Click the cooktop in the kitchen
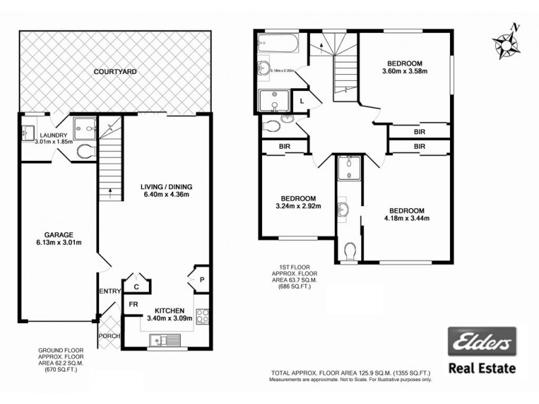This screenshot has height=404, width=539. click(x=202, y=314)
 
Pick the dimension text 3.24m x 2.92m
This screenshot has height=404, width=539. click(x=298, y=206)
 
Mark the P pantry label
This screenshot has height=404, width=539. click(x=201, y=279)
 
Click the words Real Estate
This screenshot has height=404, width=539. click(x=482, y=368)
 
